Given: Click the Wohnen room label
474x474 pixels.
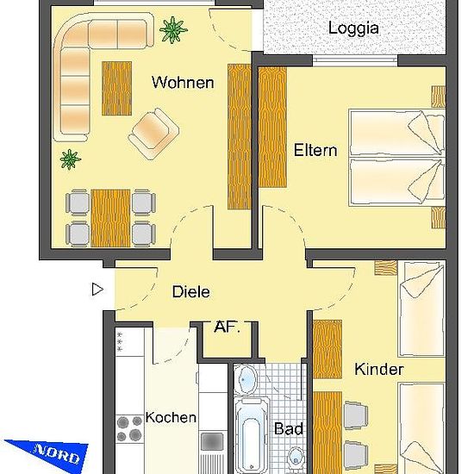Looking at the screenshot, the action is pyautogui.click(x=183, y=82).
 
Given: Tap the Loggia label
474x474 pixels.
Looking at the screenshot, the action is pyautogui.click(x=353, y=28).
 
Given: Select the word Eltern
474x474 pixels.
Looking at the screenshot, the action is pyautogui.click(x=315, y=150).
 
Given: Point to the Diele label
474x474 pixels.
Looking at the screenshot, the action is pyautogui.click(x=190, y=291).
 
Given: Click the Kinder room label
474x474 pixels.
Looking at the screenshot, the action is pyautogui.click(x=379, y=369).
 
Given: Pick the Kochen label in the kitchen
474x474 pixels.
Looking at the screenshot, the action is pyautogui.click(x=171, y=417).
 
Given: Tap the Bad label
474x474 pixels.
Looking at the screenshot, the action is pyautogui.click(x=289, y=429).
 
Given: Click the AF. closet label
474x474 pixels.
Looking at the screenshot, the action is pyautogui.click(x=227, y=327).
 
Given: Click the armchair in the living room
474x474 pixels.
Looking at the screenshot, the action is pyautogui.click(x=153, y=134).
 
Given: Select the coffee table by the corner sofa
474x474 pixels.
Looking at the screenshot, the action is pyautogui.click(x=116, y=89).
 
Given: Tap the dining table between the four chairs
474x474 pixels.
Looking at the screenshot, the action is pyautogui.click(x=110, y=218).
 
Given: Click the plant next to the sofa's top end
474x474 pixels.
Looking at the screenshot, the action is pyautogui.click(x=173, y=29).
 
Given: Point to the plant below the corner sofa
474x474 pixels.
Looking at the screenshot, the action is pyautogui.click(x=71, y=159).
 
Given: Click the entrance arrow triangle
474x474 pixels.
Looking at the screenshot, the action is pyautogui.click(x=97, y=290).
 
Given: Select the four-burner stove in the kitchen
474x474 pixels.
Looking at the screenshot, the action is pyautogui.click(x=129, y=428).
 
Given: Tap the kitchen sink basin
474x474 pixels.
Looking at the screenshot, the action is pyautogui.click(x=212, y=441).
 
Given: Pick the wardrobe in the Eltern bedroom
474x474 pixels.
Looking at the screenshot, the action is pyautogui.click(x=272, y=128).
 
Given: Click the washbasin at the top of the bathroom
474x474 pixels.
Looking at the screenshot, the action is pyautogui.click(x=246, y=379).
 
